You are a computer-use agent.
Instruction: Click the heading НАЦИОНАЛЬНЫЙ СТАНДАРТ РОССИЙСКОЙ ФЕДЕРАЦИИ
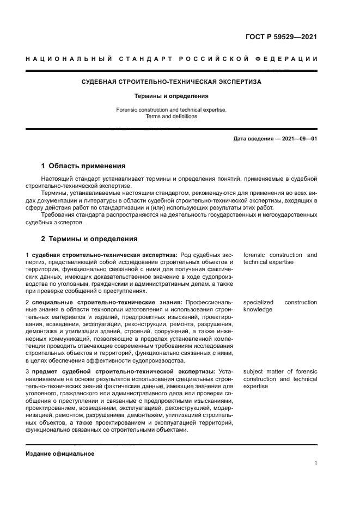pos(172,58)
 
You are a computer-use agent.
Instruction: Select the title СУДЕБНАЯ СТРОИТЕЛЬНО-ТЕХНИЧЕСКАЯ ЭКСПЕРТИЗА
pos(172,82)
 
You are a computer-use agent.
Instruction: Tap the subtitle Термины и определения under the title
pos(172,96)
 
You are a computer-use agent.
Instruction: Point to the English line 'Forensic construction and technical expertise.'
pos(172,109)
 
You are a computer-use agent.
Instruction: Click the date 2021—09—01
pos(299,139)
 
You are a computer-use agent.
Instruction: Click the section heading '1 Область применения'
pos(83,166)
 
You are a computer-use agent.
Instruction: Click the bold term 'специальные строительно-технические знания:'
pos(107,302)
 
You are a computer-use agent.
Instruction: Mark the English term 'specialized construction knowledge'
pos(280,305)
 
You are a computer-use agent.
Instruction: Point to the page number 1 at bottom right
pos(315,463)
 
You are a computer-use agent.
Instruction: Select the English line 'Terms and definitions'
pos(172,116)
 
